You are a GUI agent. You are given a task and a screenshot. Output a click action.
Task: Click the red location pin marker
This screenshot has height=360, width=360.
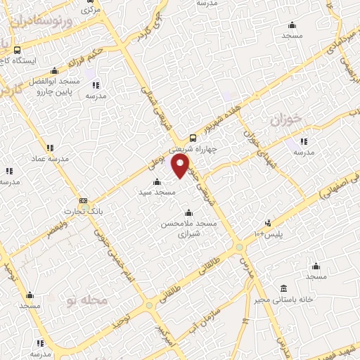(181, 166)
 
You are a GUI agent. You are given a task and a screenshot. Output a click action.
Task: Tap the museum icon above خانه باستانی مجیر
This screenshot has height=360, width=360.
(284, 289)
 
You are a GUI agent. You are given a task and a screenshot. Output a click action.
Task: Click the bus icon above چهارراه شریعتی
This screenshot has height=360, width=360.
(193, 139)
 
